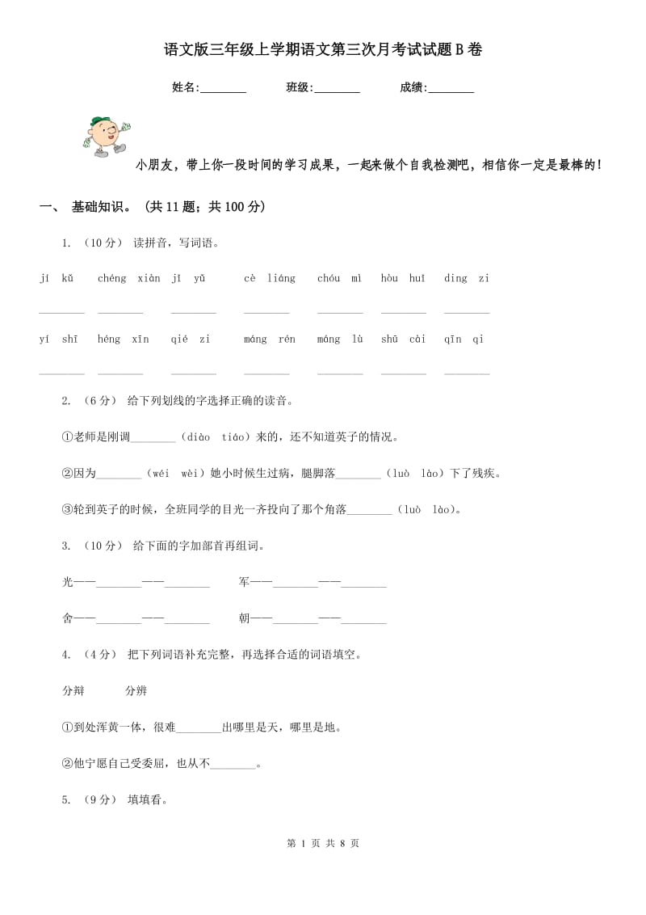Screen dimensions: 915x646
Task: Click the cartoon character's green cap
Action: [x=99, y=122]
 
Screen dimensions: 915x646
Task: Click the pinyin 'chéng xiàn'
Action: [x=128, y=279]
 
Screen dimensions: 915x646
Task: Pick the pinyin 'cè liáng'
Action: [x=270, y=279]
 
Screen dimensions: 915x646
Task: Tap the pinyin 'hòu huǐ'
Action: [x=403, y=279]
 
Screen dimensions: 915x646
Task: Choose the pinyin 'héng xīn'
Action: [x=123, y=339]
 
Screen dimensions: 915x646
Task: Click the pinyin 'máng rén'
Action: [x=270, y=339]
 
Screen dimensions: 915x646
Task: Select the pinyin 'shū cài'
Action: [x=403, y=339]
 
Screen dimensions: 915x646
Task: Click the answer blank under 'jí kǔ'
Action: [x=61, y=311]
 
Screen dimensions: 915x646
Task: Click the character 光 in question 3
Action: [x=68, y=582]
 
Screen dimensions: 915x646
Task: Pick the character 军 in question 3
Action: [x=244, y=582]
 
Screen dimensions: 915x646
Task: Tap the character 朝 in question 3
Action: [x=244, y=618]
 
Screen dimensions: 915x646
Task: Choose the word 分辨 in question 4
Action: [x=136, y=691]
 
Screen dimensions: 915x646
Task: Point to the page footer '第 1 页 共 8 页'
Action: [x=323, y=843]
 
